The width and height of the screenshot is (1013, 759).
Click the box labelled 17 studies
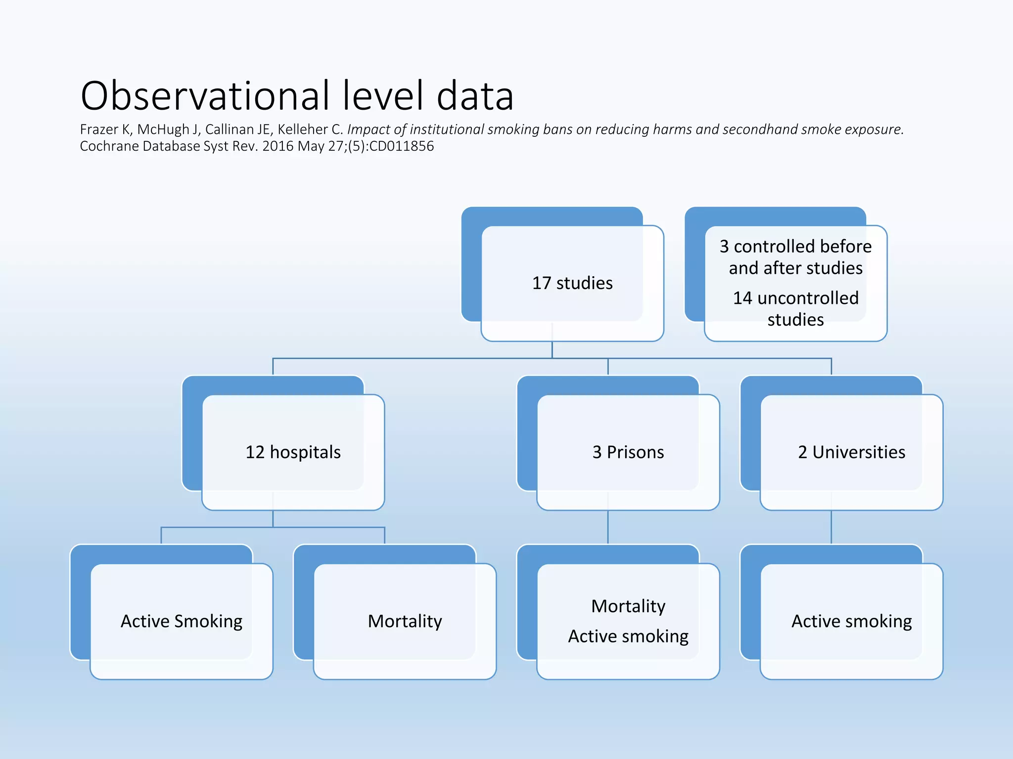tap(572, 283)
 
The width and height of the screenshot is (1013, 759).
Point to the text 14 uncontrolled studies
tap(795, 309)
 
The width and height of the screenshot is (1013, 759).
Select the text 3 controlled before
tap(795, 246)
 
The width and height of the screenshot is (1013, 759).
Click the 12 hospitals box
tap(293, 452)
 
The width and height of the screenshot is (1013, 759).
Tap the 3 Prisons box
tap(628, 452)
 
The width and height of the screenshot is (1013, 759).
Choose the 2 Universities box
tap(851, 452)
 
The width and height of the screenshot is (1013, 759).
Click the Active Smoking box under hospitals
tap(182, 621)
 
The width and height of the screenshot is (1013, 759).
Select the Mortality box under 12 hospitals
tap(405, 621)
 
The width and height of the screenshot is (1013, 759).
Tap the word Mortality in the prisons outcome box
tap(628, 606)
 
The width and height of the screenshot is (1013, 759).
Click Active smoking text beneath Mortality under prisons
tap(628, 636)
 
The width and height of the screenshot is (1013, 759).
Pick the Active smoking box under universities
tap(851, 621)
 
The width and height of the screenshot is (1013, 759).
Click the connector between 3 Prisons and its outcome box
tap(608, 528)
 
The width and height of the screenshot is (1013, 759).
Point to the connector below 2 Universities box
tap(831, 528)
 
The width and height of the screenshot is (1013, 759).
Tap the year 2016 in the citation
tap(277, 146)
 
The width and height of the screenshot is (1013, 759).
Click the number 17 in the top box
tap(541, 283)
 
